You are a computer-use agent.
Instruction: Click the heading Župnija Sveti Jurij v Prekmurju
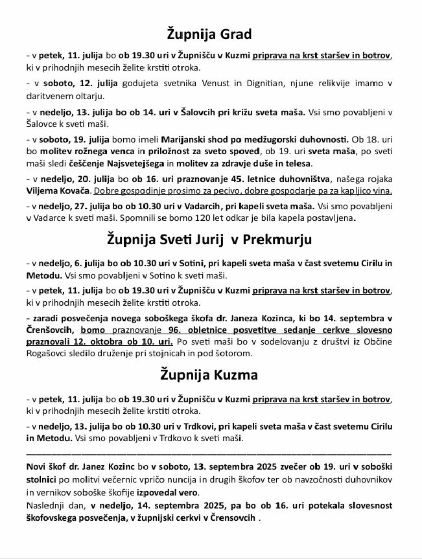[209, 240]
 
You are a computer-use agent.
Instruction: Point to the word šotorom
[231, 354]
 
